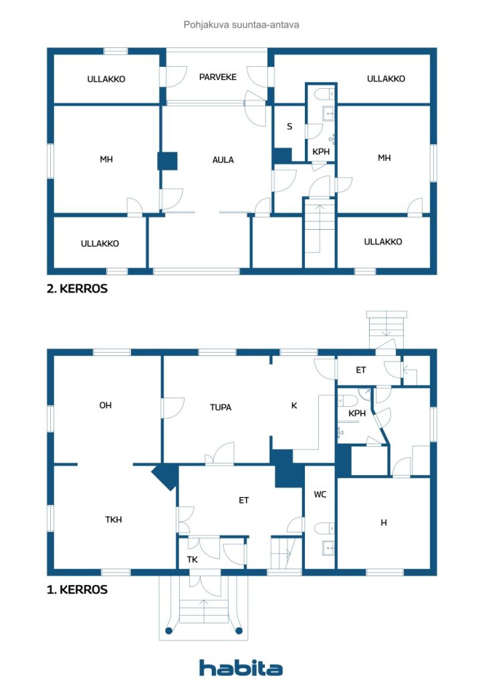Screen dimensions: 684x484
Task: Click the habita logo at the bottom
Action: (241, 667)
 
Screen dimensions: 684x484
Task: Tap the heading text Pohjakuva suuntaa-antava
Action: (241, 25)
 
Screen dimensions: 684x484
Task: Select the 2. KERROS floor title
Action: (77, 290)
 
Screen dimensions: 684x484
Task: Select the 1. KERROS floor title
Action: (77, 590)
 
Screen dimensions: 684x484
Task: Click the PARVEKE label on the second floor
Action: (218, 77)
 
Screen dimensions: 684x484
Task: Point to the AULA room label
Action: (223, 160)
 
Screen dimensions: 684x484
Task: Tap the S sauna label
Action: (289, 126)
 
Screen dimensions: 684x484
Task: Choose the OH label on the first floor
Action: (105, 405)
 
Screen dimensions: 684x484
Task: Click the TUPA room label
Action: (221, 407)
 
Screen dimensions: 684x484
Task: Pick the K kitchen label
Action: (293, 405)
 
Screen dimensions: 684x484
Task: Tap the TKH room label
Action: (114, 519)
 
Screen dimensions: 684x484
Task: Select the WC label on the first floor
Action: (320, 495)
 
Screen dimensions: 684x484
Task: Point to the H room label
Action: (384, 522)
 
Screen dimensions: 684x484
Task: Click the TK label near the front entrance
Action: (192, 560)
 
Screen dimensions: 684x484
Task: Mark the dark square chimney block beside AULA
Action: (167, 161)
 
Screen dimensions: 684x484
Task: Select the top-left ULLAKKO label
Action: (106, 79)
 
